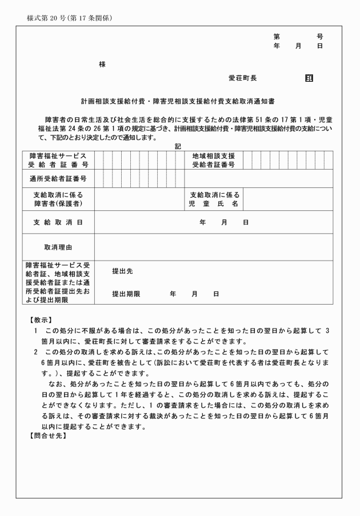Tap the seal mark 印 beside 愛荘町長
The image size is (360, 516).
tap(309, 77)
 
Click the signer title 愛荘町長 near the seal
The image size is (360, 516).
tap(242, 77)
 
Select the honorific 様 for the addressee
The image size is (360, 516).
tap(102, 65)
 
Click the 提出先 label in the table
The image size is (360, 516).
tap(122, 271)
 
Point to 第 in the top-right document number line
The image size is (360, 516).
tap(277, 37)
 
